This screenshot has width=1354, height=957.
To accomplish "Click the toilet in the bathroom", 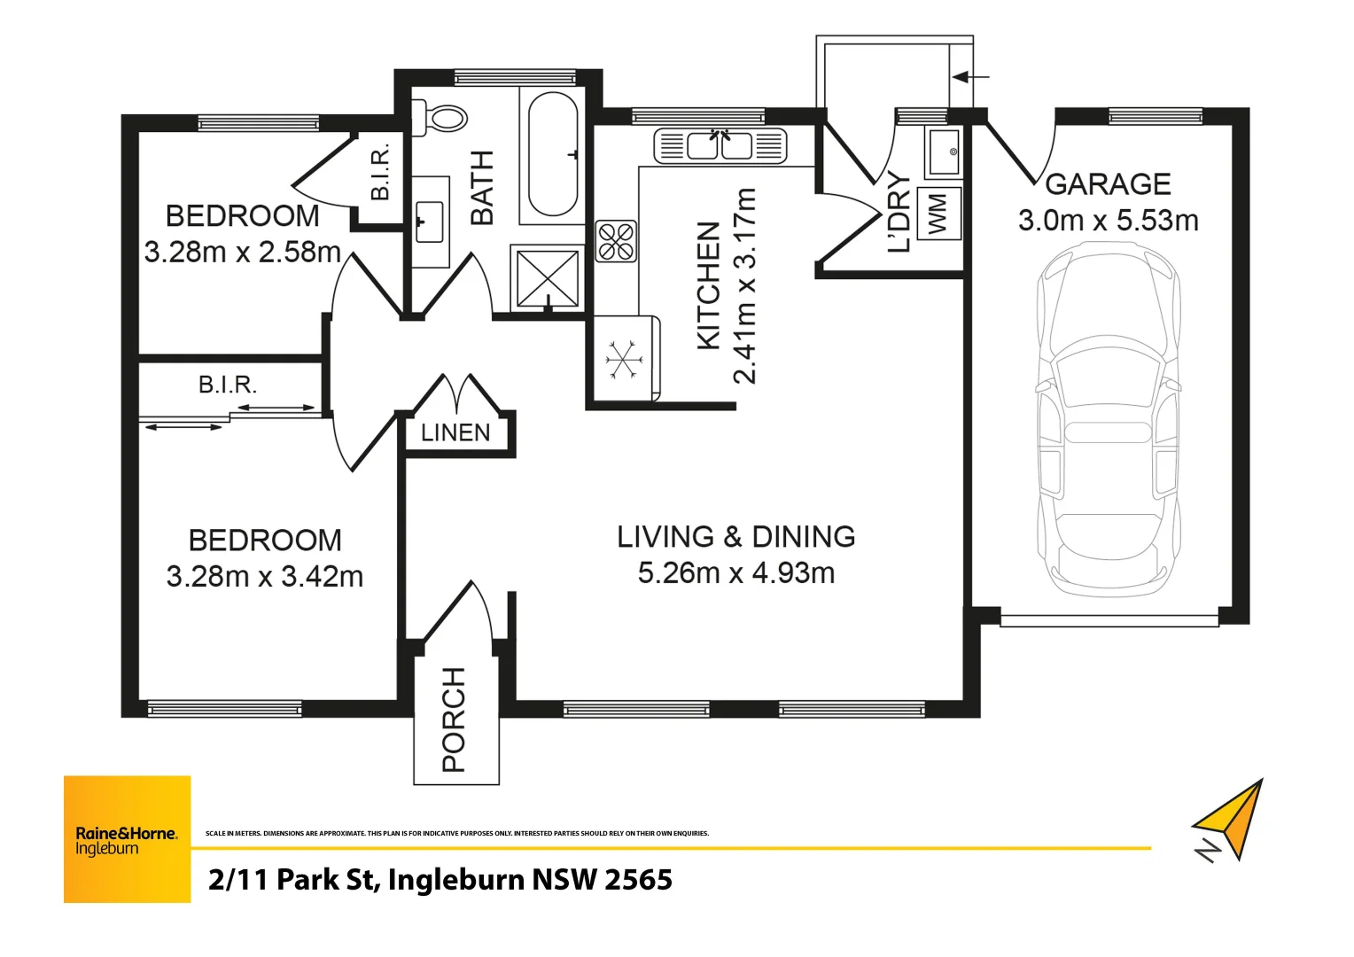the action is click(440, 119).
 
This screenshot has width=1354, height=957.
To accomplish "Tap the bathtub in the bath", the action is click(552, 154).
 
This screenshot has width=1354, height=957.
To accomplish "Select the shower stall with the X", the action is click(548, 277).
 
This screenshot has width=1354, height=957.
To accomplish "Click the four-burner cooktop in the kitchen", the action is click(616, 241).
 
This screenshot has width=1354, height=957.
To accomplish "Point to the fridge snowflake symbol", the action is click(625, 360).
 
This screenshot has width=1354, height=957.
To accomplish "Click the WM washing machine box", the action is click(938, 214).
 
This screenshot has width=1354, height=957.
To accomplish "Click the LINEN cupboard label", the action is click(455, 432).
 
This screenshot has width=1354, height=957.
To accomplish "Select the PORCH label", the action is click(454, 720).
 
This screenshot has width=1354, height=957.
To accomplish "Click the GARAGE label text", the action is click(1108, 184).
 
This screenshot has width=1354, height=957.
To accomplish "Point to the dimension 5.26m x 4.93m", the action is click(736, 573).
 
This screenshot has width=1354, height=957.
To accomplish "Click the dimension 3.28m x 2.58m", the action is click(243, 252).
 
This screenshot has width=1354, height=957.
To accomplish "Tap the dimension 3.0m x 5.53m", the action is click(1108, 221).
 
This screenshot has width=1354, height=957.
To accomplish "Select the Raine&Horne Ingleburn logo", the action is click(127, 838).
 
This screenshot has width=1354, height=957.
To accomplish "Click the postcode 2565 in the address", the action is click(638, 880).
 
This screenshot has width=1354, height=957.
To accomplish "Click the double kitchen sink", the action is click(720, 145).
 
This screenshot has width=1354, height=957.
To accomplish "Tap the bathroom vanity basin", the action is click(430, 222).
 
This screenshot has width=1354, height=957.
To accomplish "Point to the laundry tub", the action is click(942, 152).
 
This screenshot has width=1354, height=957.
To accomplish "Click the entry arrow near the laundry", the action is click(971, 77).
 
